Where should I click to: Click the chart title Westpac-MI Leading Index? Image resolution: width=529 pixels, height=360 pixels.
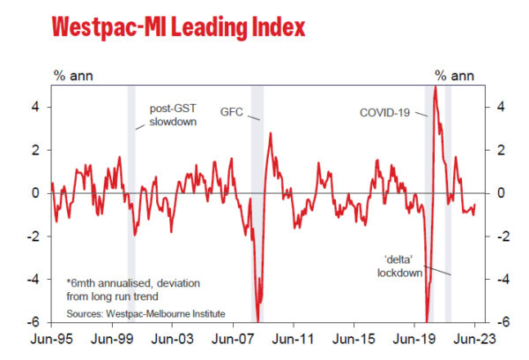click(179, 27)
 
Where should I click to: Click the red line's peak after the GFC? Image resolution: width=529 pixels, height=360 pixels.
click(270, 133)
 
